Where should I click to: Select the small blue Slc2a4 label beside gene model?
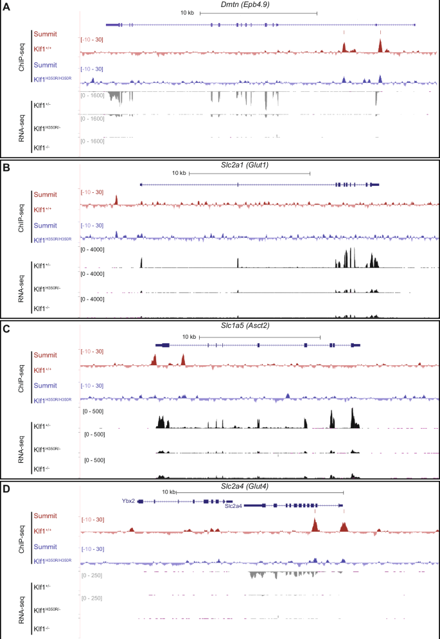coord(233,506)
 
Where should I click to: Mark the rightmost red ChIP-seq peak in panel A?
coord(381,46)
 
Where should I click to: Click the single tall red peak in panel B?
coord(116,201)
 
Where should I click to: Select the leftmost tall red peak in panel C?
coord(155,360)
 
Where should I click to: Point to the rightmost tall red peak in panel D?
coord(344,526)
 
